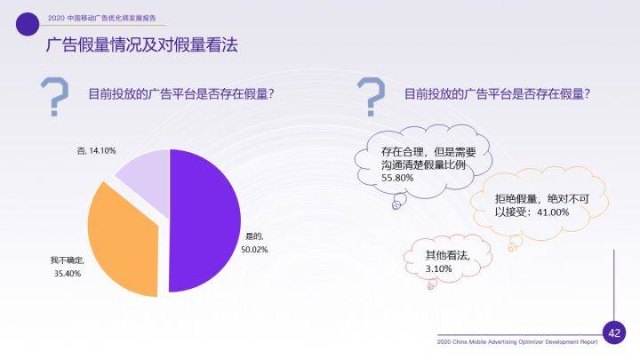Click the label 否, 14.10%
pos(97,150)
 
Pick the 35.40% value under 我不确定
pos(68,273)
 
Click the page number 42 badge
pos(614,332)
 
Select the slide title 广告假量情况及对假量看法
pos(141,45)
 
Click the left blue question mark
pos(56,99)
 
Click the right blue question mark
pos(372,97)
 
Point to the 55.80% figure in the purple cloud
pos(397,178)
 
